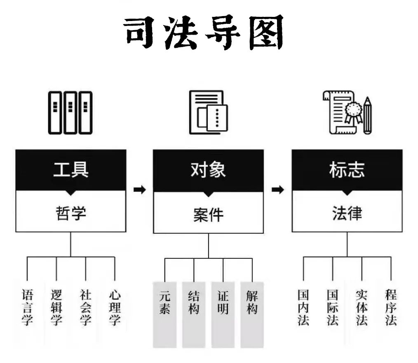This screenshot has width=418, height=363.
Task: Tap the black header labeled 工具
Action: point(70,169)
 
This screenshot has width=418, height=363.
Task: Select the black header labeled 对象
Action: point(208,169)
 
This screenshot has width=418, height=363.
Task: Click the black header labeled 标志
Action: point(347,169)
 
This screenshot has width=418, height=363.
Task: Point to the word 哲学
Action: point(70,213)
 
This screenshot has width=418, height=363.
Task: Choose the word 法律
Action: point(347,213)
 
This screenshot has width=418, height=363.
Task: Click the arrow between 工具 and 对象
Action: point(140,190)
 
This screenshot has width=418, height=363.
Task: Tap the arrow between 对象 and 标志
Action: point(278,190)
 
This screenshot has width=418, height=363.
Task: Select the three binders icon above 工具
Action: point(70,112)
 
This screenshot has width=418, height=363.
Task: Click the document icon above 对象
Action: point(208,112)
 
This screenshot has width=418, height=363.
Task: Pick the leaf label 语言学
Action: point(27,307)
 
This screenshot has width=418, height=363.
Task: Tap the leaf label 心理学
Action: point(115,307)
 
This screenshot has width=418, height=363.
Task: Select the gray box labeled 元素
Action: point(164,313)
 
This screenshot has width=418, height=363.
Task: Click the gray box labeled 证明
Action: point(223,313)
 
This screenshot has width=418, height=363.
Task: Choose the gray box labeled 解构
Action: point(252,313)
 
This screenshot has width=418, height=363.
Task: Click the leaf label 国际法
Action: point(332,307)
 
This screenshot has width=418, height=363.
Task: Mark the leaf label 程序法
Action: point(391,307)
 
